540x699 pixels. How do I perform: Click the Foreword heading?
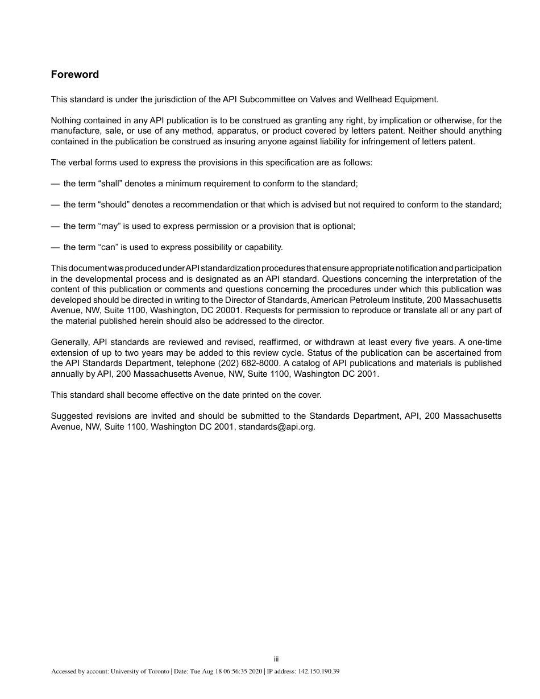[x=75, y=74]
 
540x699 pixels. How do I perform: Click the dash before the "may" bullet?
[x=55, y=226]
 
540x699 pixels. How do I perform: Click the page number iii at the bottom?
[x=276, y=659]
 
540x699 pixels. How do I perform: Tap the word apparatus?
[x=239, y=131]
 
